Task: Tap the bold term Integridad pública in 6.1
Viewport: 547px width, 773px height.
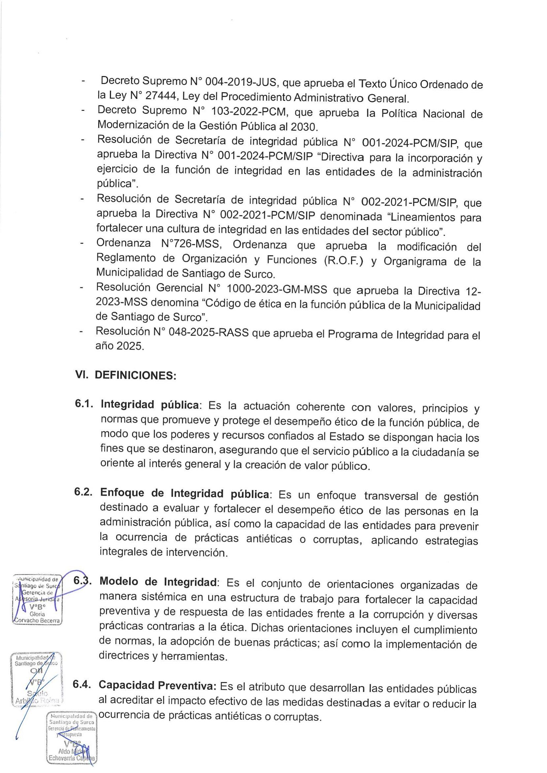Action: [149, 405]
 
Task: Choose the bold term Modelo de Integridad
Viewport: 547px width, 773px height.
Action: [158, 582]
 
